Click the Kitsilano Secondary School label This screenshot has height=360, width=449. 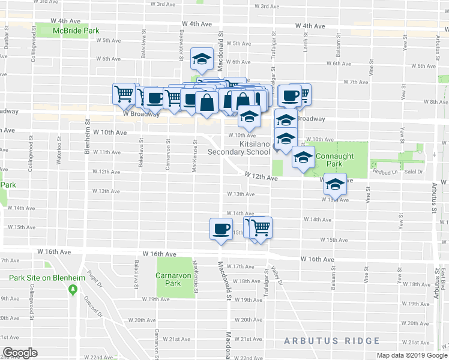(238, 148)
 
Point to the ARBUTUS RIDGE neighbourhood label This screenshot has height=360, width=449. (332, 341)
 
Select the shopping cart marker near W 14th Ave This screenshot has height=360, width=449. (261, 227)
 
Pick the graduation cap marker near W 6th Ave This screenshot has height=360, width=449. (202, 59)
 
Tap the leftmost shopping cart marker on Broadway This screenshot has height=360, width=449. (124, 94)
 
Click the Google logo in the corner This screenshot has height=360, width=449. (20, 353)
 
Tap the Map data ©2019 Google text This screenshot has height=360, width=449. (411, 355)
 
